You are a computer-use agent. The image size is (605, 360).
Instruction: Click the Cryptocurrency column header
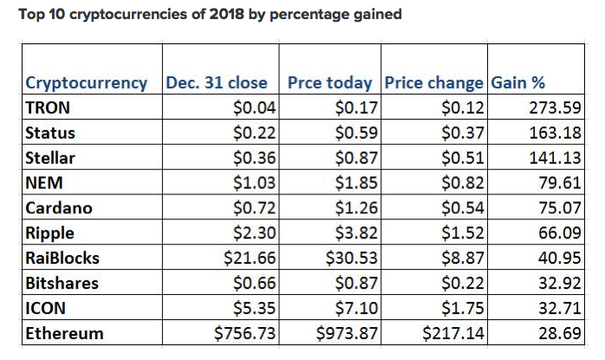click(86, 83)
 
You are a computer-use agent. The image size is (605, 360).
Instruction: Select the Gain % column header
click(518, 83)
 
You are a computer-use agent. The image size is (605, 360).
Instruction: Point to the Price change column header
click(433, 83)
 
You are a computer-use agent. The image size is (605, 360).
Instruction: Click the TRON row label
click(49, 108)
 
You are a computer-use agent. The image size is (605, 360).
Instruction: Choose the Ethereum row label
click(64, 333)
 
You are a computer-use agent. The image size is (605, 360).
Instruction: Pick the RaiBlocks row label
click(63, 258)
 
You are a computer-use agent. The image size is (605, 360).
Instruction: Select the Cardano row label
click(58, 208)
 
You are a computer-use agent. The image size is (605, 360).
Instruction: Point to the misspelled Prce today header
click(333, 83)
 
